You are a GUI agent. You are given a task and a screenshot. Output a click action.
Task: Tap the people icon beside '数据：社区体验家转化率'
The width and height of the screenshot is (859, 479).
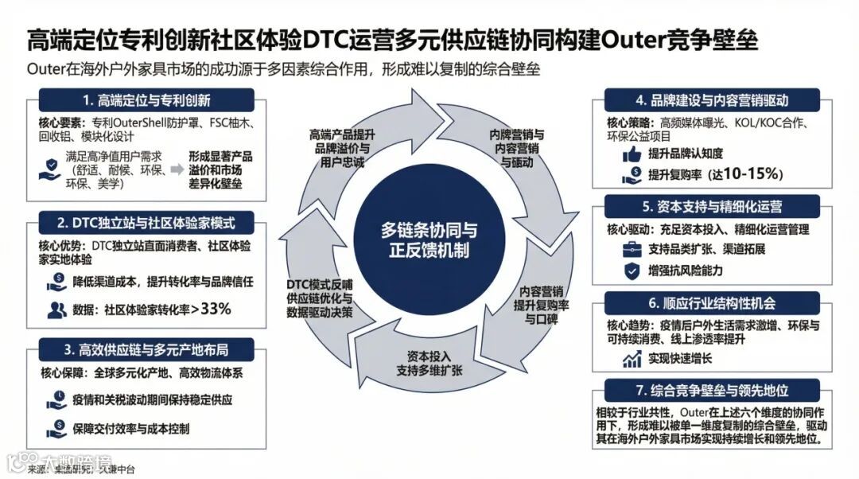point(56,310)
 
